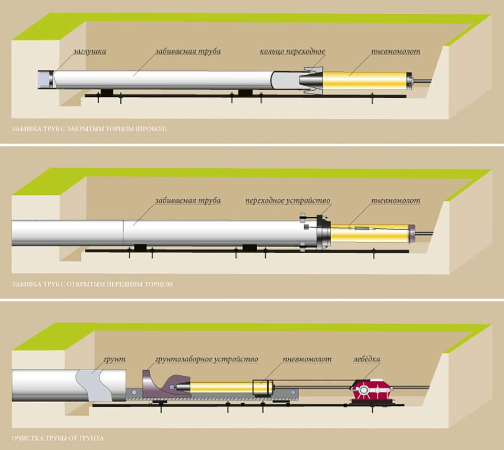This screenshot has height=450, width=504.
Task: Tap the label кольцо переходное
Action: pos(292,52)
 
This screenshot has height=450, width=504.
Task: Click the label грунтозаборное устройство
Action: pos(206,360)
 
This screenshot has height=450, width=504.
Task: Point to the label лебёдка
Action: pos(366,359)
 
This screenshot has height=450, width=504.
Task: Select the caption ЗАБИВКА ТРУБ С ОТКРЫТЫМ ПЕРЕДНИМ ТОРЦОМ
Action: pos(92,284)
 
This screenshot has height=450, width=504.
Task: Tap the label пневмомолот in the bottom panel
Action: pos(308,360)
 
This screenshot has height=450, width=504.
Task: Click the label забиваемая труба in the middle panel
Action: pos(187,201)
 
